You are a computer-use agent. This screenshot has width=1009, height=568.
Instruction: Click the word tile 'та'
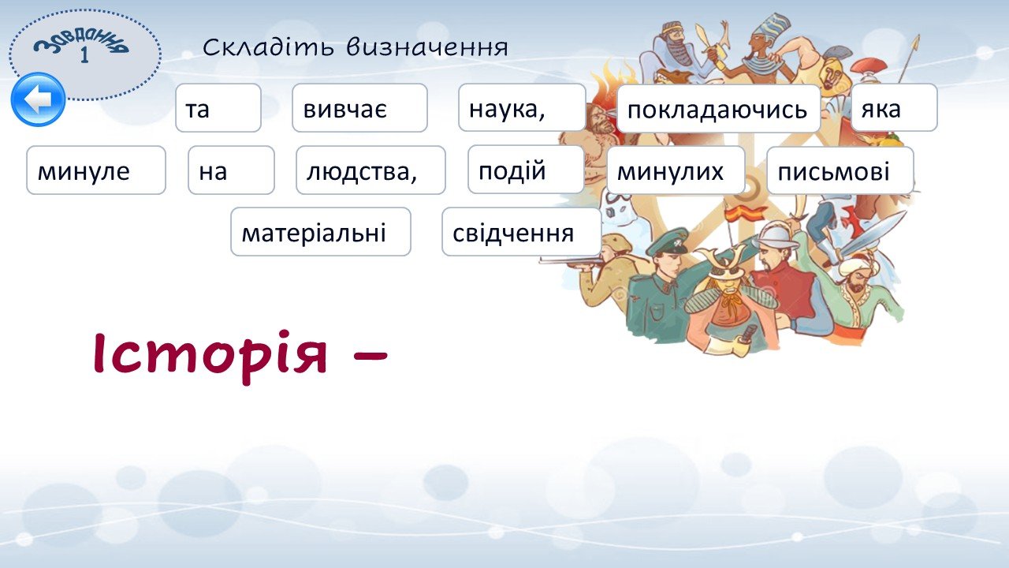(218, 108)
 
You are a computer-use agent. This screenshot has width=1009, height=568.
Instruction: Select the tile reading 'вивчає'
(359, 108)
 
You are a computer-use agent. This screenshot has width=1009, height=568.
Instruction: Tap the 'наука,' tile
(522, 107)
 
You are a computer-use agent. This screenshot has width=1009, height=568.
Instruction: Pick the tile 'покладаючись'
(718, 108)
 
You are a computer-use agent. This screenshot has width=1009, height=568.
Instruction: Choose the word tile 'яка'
(894, 107)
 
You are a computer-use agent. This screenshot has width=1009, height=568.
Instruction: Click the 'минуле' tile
(96, 170)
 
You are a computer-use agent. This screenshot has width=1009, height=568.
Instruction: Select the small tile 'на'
(231, 170)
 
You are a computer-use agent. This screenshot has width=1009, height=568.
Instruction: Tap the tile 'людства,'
(370, 170)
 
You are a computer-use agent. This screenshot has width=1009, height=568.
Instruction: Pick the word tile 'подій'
(526, 170)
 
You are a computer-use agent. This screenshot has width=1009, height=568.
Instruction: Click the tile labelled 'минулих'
(676, 170)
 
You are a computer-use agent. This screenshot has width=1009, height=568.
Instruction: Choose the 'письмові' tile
(840, 170)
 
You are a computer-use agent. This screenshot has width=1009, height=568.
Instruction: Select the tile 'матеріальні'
(321, 232)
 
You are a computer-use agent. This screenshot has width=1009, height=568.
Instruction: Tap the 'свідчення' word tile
(522, 232)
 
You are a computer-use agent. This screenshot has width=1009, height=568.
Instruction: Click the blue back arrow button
(39, 99)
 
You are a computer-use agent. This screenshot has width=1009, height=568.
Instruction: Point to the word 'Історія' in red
(210, 355)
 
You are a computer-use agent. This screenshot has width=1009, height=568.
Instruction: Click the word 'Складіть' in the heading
(268, 47)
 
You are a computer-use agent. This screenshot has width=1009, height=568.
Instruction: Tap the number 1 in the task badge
(84, 55)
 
